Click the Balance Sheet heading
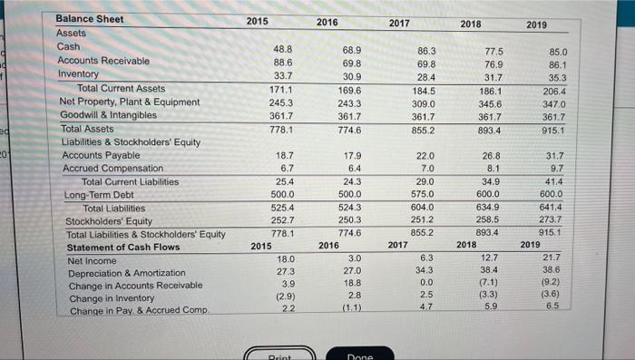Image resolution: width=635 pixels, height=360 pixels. [x=90, y=19]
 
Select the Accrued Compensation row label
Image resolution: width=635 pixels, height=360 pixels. [x=112, y=169]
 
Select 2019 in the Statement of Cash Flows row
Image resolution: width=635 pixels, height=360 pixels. [x=529, y=245]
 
